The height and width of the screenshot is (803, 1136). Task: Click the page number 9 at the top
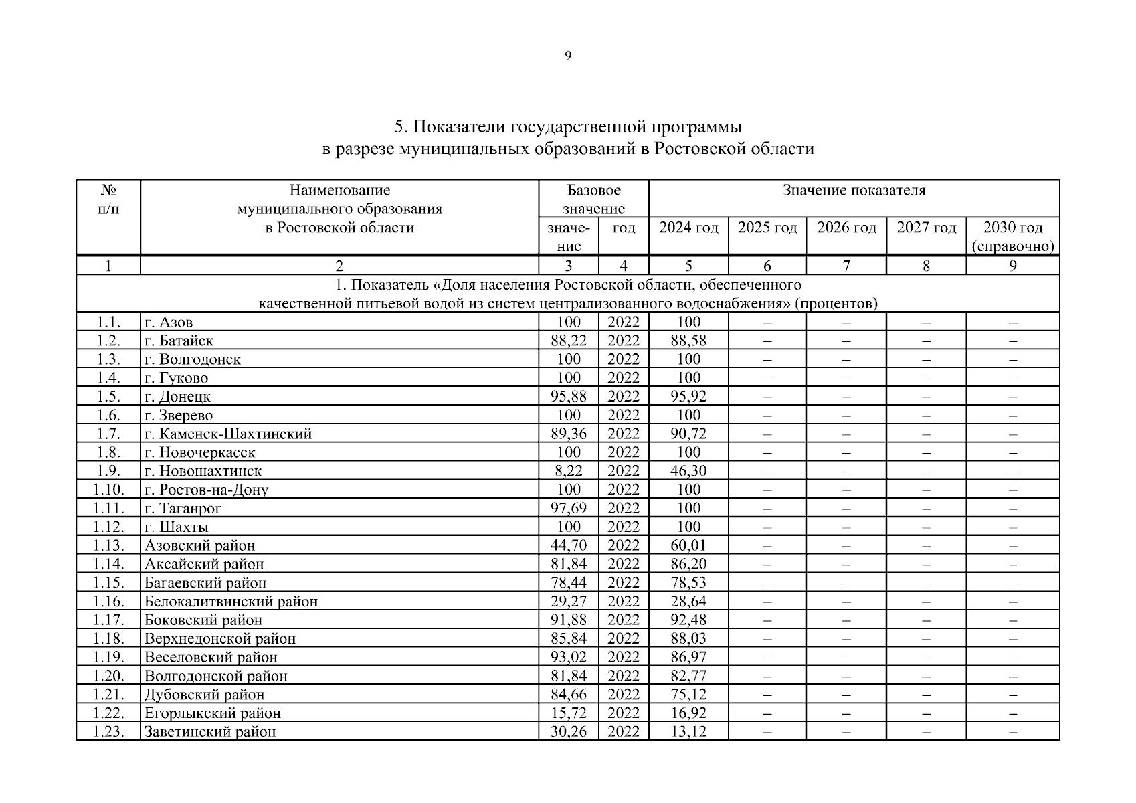pyautogui.click(x=567, y=56)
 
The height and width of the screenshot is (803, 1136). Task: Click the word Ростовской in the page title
pyautogui.click(x=697, y=148)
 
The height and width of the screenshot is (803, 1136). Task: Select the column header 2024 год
pyautogui.click(x=688, y=228)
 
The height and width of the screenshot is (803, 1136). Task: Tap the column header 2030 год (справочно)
pyautogui.click(x=1012, y=236)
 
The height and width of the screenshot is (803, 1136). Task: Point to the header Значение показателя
pyautogui.click(x=854, y=191)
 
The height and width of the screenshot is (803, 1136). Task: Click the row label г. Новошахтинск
pyautogui.click(x=203, y=471)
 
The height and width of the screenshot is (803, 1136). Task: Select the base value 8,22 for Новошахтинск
pyautogui.click(x=568, y=471)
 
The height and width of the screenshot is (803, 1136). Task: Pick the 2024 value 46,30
pyautogui.click(x=688, y=471)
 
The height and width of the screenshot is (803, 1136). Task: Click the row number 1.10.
pyautogui.click(x=108, y=490)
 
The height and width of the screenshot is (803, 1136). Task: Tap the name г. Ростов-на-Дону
pyautogui.click(x=206, y=490)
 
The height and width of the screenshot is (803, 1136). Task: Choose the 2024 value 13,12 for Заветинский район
pyautogui.click(x=688, y=731)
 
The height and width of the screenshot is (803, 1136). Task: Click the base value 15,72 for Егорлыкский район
pyautogui.click(x=568, y=713)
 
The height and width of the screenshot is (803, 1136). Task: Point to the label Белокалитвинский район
pyautogui.click(x=231, y=602)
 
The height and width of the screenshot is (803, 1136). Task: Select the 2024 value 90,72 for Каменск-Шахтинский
pyautogui.click(x=688, y=434)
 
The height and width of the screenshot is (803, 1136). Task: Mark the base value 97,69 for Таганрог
pyautogui.click(x=568, y=509)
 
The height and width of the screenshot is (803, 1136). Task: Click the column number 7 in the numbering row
pyautogui.click(x=846, y=266)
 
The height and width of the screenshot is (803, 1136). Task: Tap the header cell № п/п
pyautogui.click(x=108, y=200)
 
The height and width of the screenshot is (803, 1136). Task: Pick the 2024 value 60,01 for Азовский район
pyautogui.click(x=688, y=545)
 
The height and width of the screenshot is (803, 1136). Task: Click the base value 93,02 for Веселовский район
pyautogui.click(x=568, y=657)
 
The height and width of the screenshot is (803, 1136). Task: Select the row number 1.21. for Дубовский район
pyautogui.click(x=108, y=695)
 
